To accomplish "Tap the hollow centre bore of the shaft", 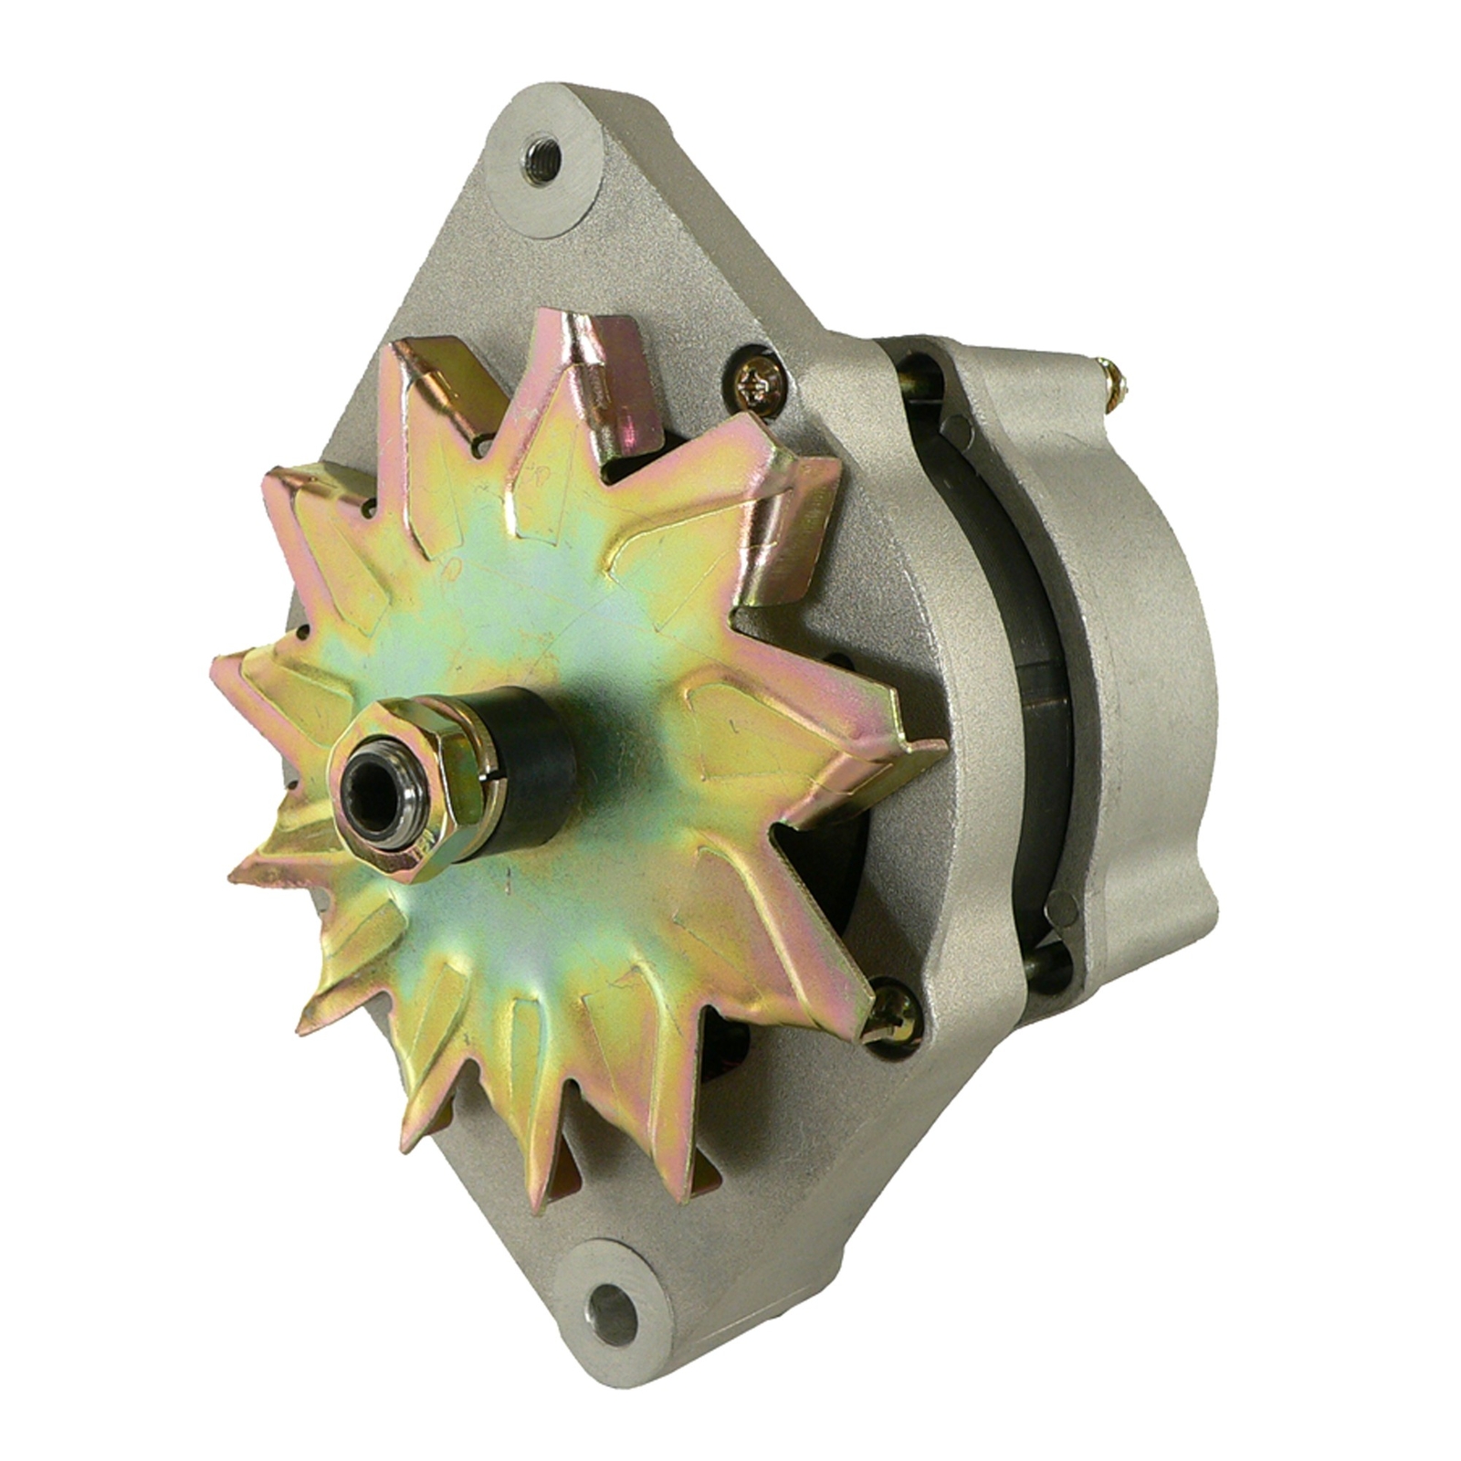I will coord(371,781).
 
